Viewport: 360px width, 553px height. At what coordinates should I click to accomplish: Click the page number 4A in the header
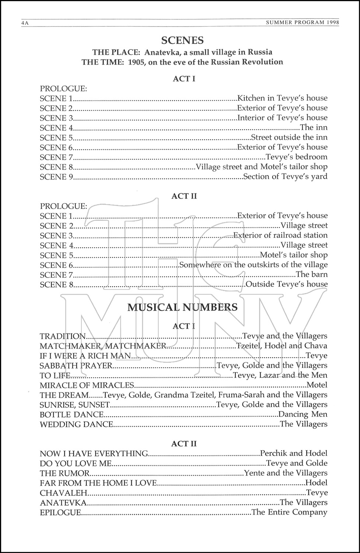click(25, 23)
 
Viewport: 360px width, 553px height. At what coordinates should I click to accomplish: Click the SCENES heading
click(183, 40)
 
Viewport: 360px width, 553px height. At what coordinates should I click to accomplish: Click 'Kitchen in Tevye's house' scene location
click(282, 98)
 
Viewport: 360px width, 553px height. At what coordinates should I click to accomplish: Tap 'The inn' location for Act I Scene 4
click(314, 128)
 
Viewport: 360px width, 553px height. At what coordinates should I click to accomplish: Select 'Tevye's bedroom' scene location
click(297, 157)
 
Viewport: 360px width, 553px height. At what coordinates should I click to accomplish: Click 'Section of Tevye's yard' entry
click(285, 177)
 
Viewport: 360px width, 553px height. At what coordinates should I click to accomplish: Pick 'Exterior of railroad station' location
click(280, 235)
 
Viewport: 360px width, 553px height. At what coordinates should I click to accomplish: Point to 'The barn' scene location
click(311, 274)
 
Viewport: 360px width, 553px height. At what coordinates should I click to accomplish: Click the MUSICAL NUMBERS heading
click(182, 307)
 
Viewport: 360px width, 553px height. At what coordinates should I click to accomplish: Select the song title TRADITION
click(63, 336)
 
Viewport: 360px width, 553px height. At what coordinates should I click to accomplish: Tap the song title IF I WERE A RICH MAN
click(85, 356)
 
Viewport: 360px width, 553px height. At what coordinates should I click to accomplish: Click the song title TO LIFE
click(55, 375)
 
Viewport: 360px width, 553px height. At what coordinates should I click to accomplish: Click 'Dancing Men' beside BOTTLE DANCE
click(303, 414)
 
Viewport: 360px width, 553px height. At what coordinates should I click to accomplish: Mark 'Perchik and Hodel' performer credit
click(294, 453)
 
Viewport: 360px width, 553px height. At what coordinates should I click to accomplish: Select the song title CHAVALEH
click(63, 493)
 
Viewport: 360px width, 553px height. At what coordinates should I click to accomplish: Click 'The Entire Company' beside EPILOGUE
click(289, 512)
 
